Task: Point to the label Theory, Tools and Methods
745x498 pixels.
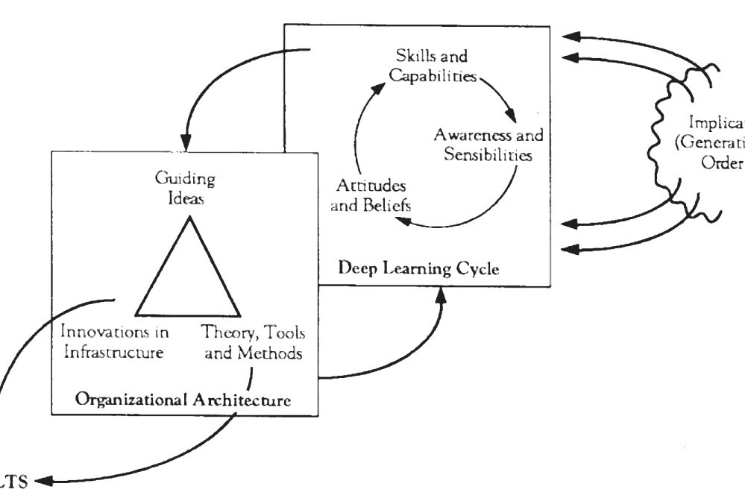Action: (254, 341)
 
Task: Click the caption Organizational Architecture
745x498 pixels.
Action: (183, 400)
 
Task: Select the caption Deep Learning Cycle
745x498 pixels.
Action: (418, 268)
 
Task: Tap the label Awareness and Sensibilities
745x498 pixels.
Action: (488, 145)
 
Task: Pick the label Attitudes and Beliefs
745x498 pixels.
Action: (371, 195)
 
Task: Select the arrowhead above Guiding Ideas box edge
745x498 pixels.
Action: (186, 142)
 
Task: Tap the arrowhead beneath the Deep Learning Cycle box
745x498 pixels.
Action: (441, 295)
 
